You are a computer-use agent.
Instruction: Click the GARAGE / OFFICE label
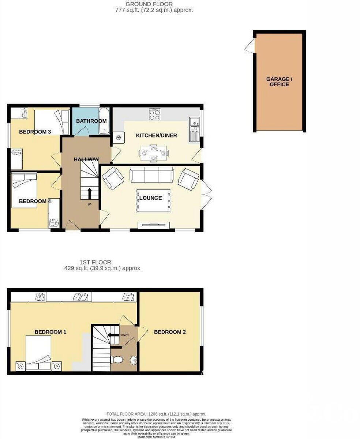click(280, 82)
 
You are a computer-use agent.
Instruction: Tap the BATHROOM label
click(91, 121)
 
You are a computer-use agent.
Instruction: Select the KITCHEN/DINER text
click(157, 136)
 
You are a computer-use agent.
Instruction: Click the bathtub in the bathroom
click(104, 121)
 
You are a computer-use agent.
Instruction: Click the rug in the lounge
click(153, 200)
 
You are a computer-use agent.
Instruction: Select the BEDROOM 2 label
click(170, 332)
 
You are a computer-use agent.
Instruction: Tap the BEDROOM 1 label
click(50, 332)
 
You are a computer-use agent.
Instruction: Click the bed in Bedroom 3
click(52, 123)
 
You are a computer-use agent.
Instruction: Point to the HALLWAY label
click(86, 160)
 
